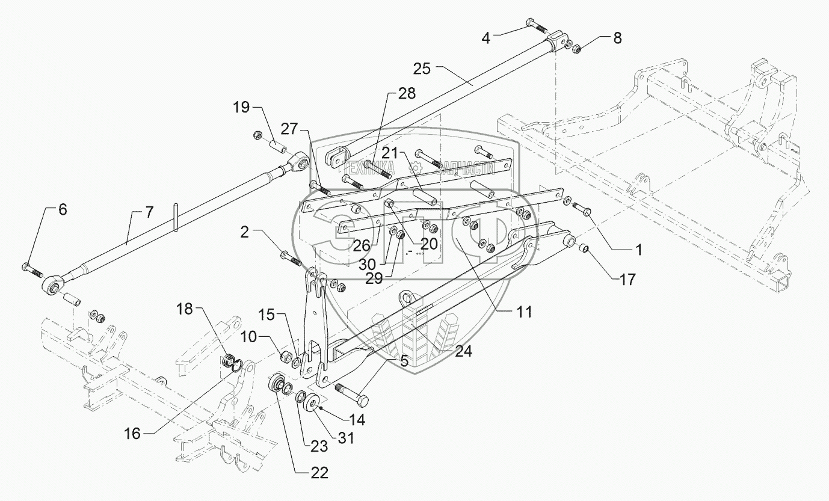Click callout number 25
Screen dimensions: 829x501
tap(422, 69)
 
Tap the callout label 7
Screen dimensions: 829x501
tap(149, 213)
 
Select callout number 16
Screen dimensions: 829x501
tap(132, 434)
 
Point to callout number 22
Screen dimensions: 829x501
tap(319, 473)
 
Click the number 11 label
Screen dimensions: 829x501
tap(524, 312)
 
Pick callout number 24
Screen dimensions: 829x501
tap(463, 351)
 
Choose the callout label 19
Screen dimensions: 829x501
tap(241, 108)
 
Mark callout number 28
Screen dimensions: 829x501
tap(407, 94)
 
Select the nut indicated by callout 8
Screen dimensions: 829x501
tap(576, 49)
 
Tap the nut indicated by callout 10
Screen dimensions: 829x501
tap(286, 357)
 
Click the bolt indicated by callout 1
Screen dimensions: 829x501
tap(581, 208)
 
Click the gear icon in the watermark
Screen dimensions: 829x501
tap(416, 168)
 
